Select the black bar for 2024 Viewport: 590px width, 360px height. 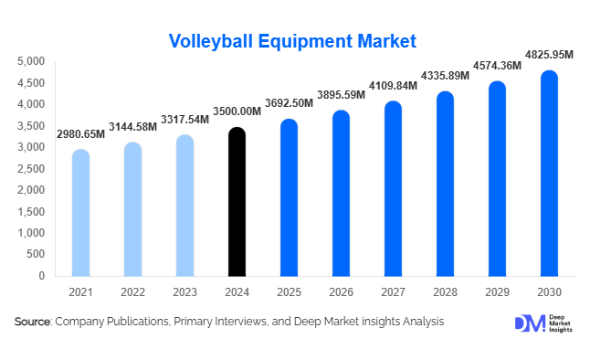(x=237, y=203)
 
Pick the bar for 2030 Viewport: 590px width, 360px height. (x=548, y=174)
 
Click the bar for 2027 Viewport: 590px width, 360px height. (x=393, y=189)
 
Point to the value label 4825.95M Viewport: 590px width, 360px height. (x=548, y=56)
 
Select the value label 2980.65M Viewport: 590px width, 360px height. (x=80, y=134)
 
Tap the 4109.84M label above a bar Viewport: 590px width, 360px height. (x=393, y=86)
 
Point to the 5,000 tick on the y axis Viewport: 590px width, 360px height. (x=32, y=61)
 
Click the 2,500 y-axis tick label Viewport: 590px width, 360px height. (x=32, y=169)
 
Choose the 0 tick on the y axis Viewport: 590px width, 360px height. (x=42, y=276)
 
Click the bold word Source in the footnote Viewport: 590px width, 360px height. (x=33, y=322)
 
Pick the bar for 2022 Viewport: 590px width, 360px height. (x=132, y=210)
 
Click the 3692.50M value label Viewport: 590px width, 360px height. (x=289, y=104)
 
